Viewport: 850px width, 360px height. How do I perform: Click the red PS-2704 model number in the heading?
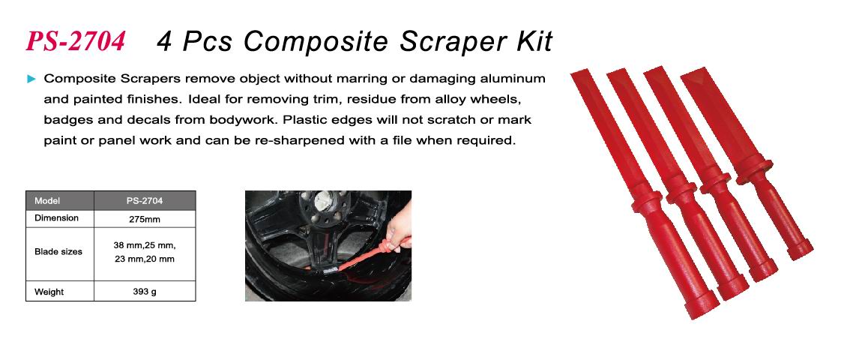point(76,42)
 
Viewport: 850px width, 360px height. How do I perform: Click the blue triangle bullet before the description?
point(31,79)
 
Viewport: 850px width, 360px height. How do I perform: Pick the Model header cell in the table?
point(47,200)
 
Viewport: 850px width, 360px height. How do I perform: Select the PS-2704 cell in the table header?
point(145,200)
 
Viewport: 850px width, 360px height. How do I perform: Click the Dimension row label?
point(56,218)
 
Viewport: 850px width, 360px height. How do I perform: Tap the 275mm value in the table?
point(145,220)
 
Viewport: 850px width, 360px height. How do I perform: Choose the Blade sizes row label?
point(58,251)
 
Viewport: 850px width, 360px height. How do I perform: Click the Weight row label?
point(49,292)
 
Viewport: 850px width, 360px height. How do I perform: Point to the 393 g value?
point(145,292)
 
